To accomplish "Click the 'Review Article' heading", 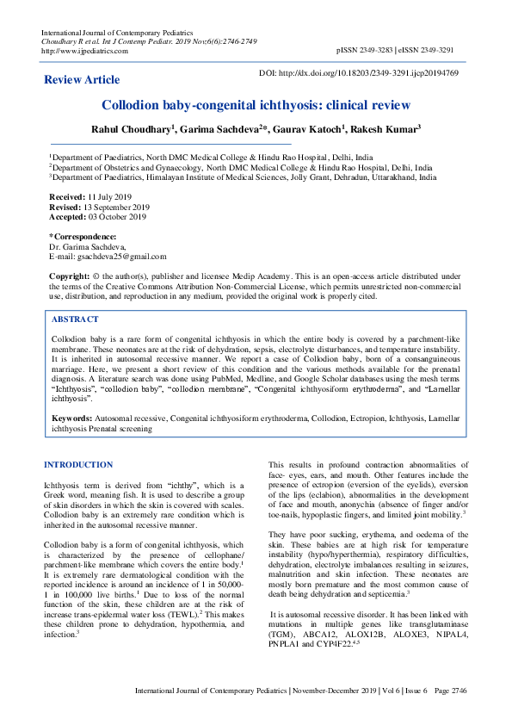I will (82, 79).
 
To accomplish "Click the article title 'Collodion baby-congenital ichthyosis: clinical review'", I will (256, 106).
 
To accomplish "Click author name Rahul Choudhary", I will (131, 129).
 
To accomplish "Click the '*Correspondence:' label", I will (82, 236).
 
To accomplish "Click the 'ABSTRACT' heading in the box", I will (77, 318).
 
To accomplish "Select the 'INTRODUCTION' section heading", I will (78, 465).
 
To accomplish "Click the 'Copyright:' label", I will (69, 276).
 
